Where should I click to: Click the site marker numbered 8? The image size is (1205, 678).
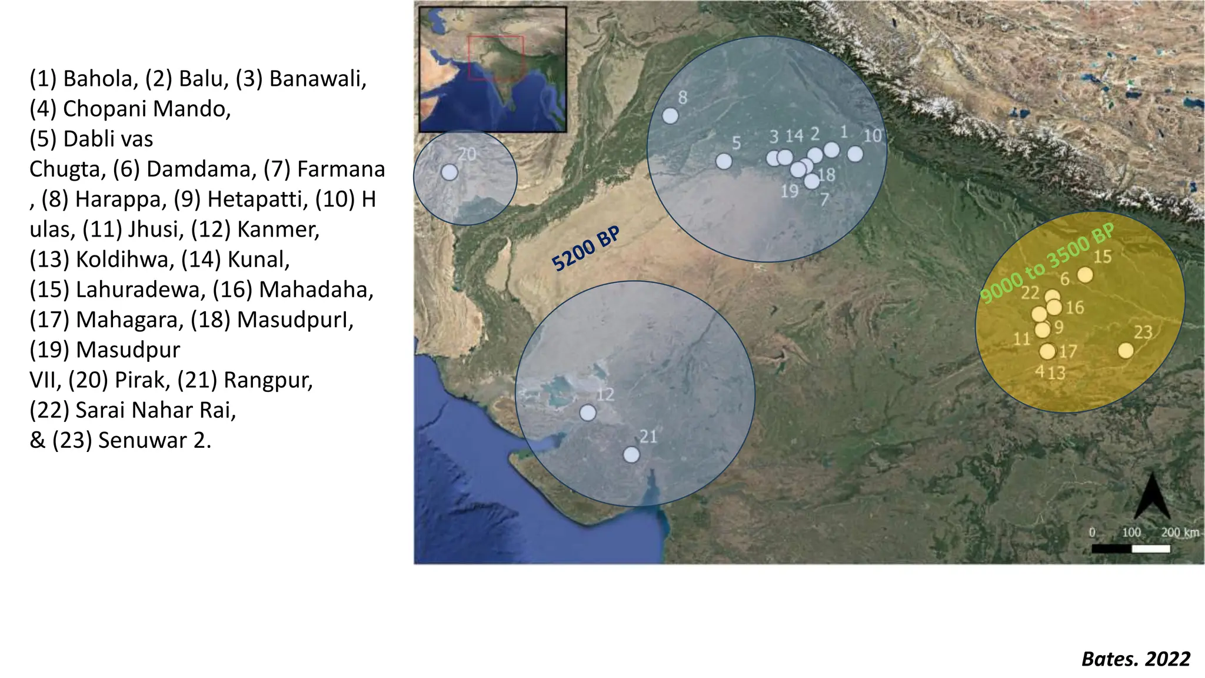coord(670,116)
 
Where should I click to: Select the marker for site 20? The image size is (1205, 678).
coord(450,172)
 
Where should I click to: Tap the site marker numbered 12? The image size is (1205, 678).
coord(588,413)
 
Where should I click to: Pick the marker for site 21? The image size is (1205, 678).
coord(631,455)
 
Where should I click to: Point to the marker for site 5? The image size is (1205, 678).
coord(724,161)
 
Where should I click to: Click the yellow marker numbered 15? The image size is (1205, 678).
coord(1085,275)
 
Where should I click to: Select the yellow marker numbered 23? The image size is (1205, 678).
coord(1126,351)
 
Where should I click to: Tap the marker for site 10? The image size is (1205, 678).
coord(855,154)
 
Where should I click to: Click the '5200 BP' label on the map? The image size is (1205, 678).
coord(586,250)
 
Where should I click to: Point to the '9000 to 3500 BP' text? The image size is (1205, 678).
coord(1047,263)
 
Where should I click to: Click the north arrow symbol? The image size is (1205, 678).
coord(1151,497)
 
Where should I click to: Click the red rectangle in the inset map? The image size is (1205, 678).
coord(495,58)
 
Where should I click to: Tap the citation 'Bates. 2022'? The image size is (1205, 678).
coord(1136,659)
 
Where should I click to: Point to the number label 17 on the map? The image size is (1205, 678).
coord(1068,352)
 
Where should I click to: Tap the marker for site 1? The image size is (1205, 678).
coord(831,150)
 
